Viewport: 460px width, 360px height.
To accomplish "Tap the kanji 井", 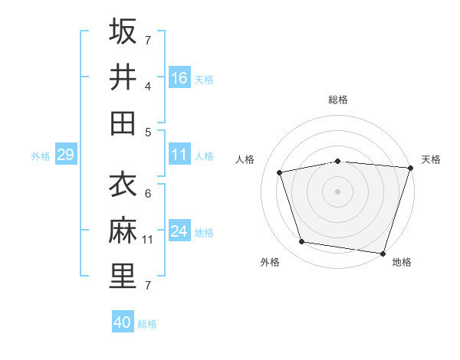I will pyautogui.click(x=123, y=77).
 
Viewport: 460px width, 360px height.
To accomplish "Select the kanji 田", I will pyautogui.click(x=123, y=123).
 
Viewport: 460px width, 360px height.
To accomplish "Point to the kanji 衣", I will pyautogui.click(x=123, y=185).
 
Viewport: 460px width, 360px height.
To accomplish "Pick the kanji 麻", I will pyautogui.click(x=123, y=231).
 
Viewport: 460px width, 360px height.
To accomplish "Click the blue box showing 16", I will pyautogui.click(x=179, y=77).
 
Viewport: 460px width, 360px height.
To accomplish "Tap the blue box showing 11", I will pyautogui.click(x=179, y=155).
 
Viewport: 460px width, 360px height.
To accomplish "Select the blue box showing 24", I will pyautogui.click(x=179, y=231).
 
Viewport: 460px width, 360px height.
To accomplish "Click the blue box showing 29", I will pyautogui.click(x=65, y=155).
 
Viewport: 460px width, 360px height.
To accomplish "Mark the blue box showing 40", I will pyautogui.click(x=123, y=322).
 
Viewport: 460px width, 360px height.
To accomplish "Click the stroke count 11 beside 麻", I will pyautogui.click(x=149, y=240).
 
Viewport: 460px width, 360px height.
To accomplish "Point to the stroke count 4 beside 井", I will pyautogui.click(x=148, y=86).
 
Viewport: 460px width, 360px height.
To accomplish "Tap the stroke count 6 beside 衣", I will pyautogui.click(x=148, y=193).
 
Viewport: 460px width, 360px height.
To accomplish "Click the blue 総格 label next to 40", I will pyautogui.click(x=147, y=324).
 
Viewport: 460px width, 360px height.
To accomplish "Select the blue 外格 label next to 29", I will pyautogui.click(x=41, y=156).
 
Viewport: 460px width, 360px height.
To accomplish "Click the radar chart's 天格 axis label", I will pyautogui.click(x=431, y=159).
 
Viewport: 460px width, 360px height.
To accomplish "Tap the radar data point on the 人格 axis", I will pyautogui.click(x=280, y=172).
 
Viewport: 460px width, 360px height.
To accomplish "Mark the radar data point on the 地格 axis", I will pyautogui.click(x=382, y=252).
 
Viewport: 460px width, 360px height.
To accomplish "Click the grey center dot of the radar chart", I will pyautogui.click(x=337, y=191).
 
